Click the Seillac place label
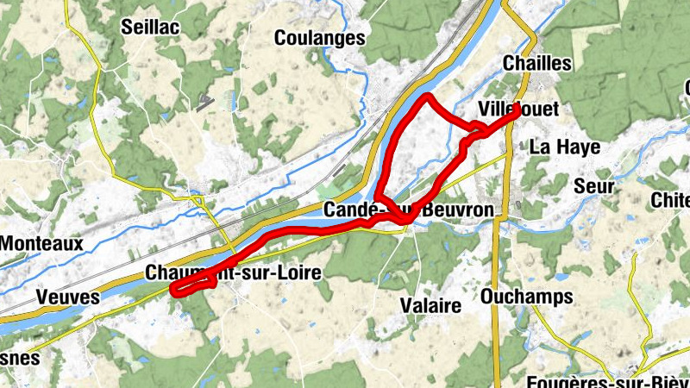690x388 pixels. coord(151,28)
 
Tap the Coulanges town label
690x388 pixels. coord(319,38)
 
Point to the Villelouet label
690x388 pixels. coord(519,109)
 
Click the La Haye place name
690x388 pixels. coord(565,147)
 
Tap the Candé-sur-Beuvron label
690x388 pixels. coord(410,210)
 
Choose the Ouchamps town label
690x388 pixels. coord(528,297)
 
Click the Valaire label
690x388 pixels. coord(431,304)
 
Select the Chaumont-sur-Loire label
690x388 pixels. coord(234,272)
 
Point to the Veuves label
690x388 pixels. coord(67,297)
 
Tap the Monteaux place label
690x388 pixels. coord(41,243)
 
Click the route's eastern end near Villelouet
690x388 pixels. coord(517,110)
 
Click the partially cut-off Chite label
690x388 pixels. coord(672,200)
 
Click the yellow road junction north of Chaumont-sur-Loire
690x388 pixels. coord(199,203)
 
